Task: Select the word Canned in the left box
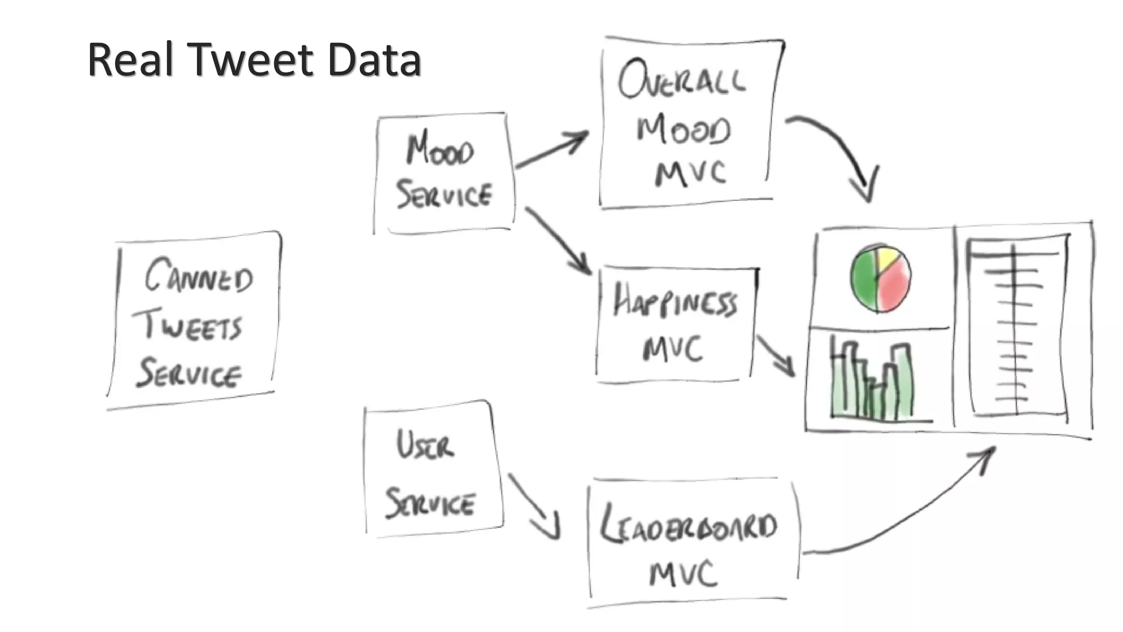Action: coord(198,276)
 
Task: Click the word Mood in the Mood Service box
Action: coord(440,150)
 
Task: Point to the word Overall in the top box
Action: coord(682,81)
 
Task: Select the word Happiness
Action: coord(675,301)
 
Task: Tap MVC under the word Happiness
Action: coord(673,349)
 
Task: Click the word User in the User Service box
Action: coord(425,445)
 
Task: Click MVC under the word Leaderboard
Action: coord(683,574)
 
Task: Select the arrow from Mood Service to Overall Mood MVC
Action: coord(551,149)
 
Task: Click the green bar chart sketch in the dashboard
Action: coord(872,384)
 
